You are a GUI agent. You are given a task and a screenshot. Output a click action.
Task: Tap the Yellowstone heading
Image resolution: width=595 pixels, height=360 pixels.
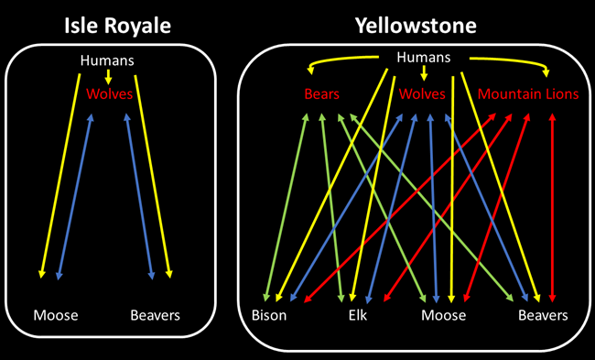[416, 25]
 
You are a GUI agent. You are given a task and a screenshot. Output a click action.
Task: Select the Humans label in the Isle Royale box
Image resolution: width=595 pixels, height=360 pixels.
[108, 60]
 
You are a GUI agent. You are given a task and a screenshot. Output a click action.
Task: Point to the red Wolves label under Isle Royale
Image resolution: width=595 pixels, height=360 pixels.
[110, 94]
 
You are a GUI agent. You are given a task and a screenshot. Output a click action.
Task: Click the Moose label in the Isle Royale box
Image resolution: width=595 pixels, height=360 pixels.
[56, 315]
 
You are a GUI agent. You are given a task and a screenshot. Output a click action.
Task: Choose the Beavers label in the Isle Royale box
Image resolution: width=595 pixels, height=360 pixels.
[155, 315]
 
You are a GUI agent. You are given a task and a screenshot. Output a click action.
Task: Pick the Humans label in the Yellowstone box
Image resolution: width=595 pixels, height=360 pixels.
[424, 58]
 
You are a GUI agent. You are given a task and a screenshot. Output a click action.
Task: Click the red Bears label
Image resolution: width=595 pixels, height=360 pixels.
[322, 94]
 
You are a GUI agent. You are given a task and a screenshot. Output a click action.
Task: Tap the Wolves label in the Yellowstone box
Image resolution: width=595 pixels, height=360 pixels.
[422, 94]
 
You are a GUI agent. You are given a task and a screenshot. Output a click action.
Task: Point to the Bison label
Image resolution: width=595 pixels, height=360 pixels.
[269, 315]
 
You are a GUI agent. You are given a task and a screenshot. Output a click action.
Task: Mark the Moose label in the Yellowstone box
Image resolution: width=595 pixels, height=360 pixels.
[443, 315]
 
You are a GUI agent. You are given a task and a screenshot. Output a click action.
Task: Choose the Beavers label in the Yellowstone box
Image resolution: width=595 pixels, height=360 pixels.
[543, 315]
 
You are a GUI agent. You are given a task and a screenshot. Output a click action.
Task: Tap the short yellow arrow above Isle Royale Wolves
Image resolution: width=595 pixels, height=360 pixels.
[109, 77]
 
